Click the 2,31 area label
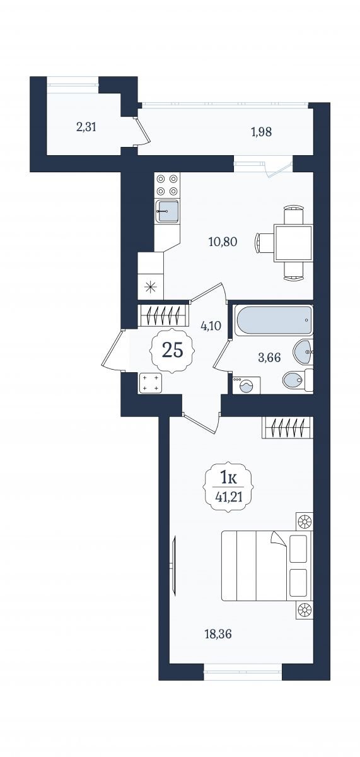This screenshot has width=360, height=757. [86, 127]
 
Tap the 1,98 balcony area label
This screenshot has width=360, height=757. [262, 132]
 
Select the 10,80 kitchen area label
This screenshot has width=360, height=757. [223, 242]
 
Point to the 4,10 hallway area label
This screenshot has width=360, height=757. [211, 326]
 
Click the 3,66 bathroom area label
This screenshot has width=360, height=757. [269, 357]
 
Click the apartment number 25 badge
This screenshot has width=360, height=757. [173, 350]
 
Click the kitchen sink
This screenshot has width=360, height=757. [167, 211]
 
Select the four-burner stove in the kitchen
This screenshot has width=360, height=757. [167, 185]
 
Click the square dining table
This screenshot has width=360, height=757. [293, 244]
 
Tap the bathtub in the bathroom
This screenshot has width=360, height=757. [274, 320]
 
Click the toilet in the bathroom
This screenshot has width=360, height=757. [298, 381]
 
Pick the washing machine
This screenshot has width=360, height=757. [247, 385]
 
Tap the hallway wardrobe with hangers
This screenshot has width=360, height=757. [163, 315]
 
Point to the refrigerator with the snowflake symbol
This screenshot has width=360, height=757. [151, 286]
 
